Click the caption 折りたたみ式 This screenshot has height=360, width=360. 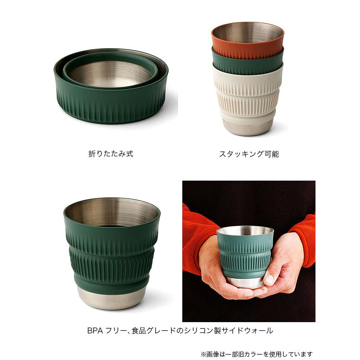(x=111, y=154)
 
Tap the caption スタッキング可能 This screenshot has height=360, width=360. (x=249, y=154)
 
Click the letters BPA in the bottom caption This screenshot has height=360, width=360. (x=95, y=330)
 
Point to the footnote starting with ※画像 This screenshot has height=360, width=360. (x=256, y=354)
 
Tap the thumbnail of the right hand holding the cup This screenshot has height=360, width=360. (x=269, y=278)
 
